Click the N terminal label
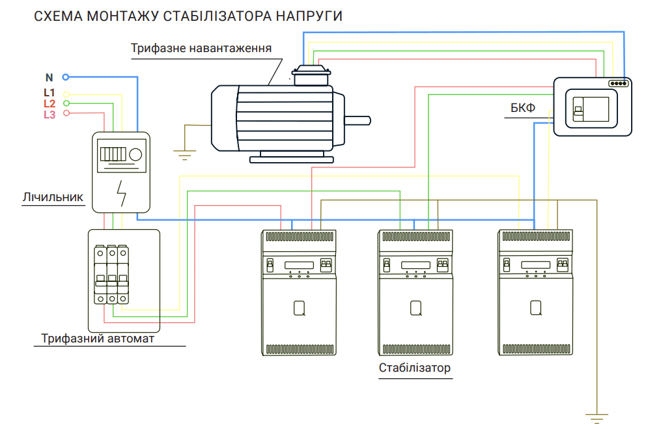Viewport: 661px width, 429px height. (x=49, y=78)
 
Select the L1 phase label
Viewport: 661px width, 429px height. (x=49, y=92)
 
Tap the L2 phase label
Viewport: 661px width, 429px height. (x=49, y=104)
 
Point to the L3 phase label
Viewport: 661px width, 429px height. (x=49, y=115)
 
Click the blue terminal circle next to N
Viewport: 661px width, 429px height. (x=65, y=77)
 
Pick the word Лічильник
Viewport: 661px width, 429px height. (x=53, y=197)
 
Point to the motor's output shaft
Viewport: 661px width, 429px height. (x=358, y=120)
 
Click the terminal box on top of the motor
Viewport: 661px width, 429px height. (x=311, y=76)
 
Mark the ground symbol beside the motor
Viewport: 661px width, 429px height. (x=185, y=154)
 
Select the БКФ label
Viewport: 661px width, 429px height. (x=522, y=108)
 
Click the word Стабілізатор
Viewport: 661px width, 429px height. (x=415, y=368)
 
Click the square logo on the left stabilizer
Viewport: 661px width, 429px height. (x=300, y=307)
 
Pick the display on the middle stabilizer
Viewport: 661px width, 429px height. (x=415, y=265)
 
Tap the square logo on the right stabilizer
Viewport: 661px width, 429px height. (x=536, y=307)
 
